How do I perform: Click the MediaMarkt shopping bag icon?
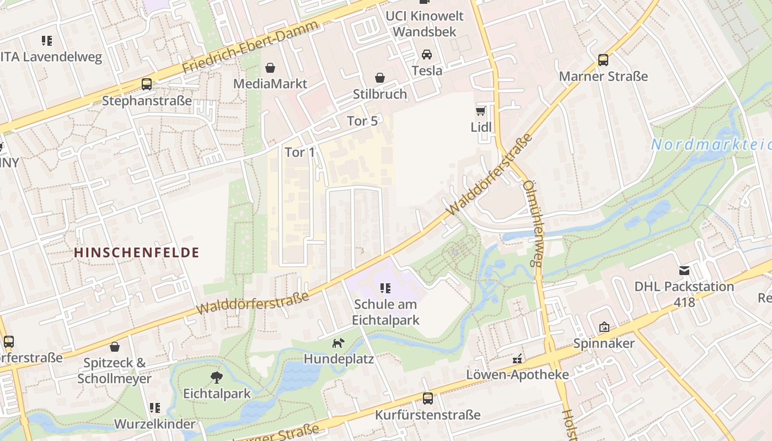coord(270,68)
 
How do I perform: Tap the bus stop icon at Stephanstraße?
coord(147,84)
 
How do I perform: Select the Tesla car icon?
coord(427,55)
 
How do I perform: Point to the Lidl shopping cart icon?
coord(481,111)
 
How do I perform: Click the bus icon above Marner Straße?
coord(603,60)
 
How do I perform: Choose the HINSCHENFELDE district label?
coord(136,252)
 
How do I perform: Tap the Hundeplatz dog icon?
coord(337,343)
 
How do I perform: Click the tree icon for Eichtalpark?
coord(217,378)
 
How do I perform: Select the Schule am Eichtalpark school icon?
coord(385,288)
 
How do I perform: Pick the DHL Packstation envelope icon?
coord(684,270)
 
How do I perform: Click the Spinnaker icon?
coord(604,327)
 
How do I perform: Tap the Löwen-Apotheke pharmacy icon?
coord(517,359)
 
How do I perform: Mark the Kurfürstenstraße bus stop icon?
coord(427,399)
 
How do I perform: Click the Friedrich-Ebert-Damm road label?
coord(251,48)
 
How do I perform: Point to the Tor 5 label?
coord(362,121)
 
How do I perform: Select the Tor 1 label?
coord(300,152)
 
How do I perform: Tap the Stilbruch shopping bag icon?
coord(380,78)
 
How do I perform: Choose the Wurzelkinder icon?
coord(154,408)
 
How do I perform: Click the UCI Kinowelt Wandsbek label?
coord(425,24)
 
